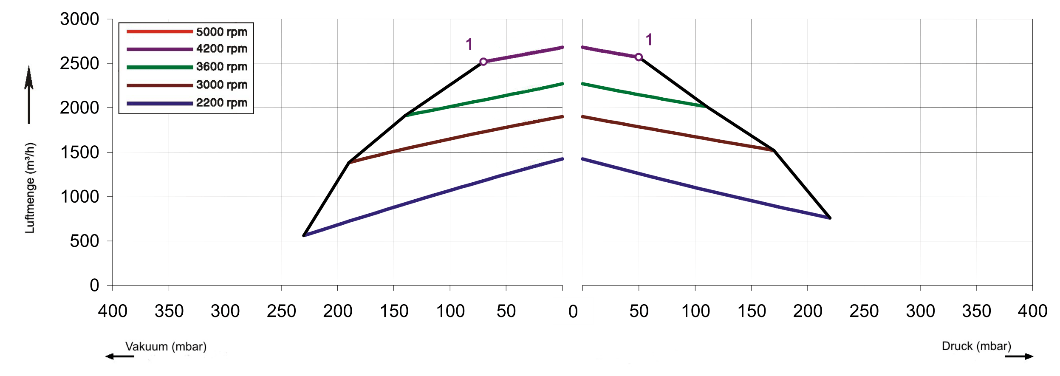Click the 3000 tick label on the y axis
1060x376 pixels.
pyautogui.click(x=79, y=19)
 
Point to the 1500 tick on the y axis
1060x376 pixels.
pyautogui.click(x=79, y=152)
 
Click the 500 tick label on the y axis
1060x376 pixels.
pyautogui.click(x=85, y=241)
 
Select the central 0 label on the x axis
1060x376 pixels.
pyautogui.click(x=573, y=311)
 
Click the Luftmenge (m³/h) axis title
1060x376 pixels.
pyautogui.click(x=30, y=188)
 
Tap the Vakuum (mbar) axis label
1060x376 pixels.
pyautogui.click(x=166, y=346)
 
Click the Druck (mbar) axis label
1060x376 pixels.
pyautogui.click(x=976, y=346)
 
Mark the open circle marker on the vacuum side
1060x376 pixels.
pyautogui.click(x=483, y=62)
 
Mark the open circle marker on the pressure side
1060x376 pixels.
pyautogui.click(x=639, y=57)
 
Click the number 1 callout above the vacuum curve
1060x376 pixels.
pyautogui.click(x=469, y=44)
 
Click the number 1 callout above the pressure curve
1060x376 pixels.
pyautogui.click(x=649, y=40)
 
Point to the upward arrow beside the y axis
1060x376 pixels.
pyautogui.click(x=29, y=93)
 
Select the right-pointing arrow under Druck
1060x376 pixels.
pyautogui.click(x=1019, y=356)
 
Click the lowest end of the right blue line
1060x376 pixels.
pyautogui.click(x=830, y=218)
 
